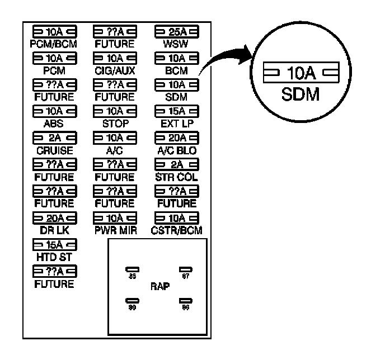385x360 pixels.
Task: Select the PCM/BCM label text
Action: click(54, 42)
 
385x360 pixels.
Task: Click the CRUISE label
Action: click(54, 150)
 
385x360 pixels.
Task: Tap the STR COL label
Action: click(175, 177)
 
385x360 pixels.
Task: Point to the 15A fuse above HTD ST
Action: click(54, 244)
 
